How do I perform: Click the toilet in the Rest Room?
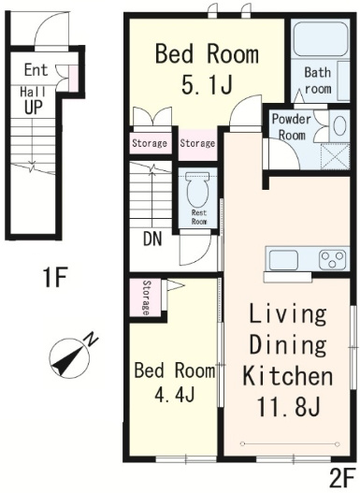[197, 189]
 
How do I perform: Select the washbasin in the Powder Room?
[338, 125]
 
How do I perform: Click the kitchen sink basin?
[283, 260]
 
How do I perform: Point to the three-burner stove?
[334, 259]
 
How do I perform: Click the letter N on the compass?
[91, 341]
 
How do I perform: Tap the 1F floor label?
[55, 277]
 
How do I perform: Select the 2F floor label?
[343, 480]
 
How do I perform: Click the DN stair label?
[152, 239]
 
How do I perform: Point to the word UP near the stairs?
[34, 107]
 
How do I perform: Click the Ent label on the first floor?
[36, 70]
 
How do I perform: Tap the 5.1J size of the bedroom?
[207, 84]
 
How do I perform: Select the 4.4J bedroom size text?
[175, 395]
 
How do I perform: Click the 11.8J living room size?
[288, 407]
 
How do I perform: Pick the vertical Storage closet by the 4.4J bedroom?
[146, 297]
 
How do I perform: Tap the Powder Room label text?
[292, 127]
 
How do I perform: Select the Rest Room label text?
[199, 217]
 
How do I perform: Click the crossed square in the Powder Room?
[335, 156]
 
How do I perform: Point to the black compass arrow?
[68, 358]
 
